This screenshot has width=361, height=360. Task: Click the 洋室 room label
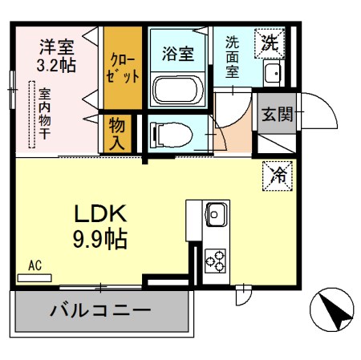[58, 46]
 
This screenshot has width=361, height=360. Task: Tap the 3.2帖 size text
[58, 64]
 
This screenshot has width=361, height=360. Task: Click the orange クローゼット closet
[123, 69]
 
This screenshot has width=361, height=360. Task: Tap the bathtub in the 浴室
[177, 89]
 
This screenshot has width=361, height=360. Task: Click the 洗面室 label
[232, 55]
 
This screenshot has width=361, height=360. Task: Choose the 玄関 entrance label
[275, 114]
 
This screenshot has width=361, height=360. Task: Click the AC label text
[34, 264]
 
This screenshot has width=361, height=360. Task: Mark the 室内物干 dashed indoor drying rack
[33, 115]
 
